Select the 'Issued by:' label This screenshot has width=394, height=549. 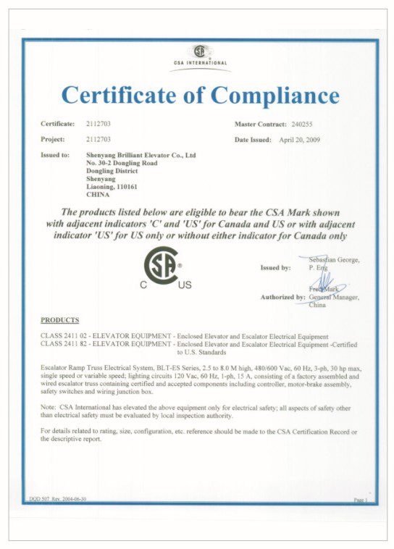click(x=275, y=267)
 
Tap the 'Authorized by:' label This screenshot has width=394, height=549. click(x=282, y=297)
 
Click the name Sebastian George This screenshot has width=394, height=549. click(x=334, y=259)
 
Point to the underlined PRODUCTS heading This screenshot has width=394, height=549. click(x=60, y=319)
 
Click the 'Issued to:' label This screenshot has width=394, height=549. click(x=56, y=155)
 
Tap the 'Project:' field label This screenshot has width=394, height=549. click(x=54, y=139)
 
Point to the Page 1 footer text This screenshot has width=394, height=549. click(x=360, y=500)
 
